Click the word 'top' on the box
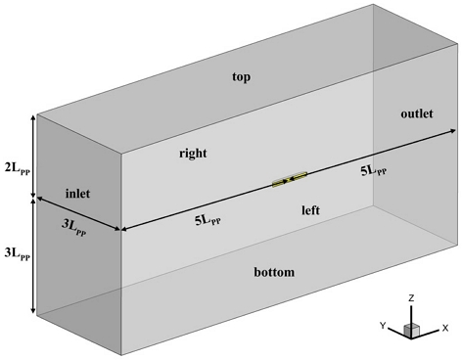[x=242, y=76]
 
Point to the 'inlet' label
[x=77, y=193]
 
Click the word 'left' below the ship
[x=311, y=210]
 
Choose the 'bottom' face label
[x=272, y=272]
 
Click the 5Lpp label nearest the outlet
[x=375, y=169]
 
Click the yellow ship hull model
[x=291, y=179]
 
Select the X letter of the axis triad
[x=445, y=328]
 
